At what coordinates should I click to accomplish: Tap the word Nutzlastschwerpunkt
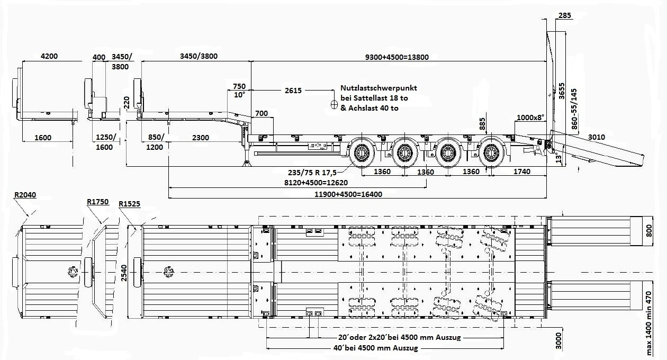379,88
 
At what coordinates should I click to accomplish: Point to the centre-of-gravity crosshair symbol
335,104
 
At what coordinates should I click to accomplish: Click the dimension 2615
293,91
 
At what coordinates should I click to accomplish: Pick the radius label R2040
25,195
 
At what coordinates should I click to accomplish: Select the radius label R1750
97,202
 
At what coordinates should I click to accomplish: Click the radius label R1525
130,204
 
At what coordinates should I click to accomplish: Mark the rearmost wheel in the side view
490,155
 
